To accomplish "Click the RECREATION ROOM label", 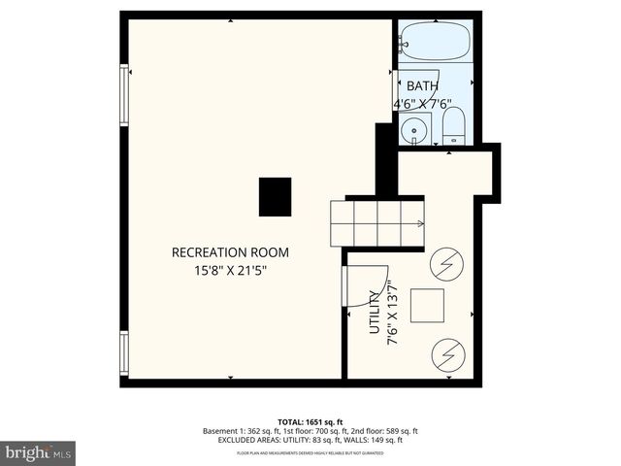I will point(230,252).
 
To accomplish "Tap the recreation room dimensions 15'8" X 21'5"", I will point(230,271).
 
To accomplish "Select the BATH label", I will point(422,85).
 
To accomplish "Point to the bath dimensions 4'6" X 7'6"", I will point(423,103).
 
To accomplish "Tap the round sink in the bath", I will point(414,127).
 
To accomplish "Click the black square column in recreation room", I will point(275,197).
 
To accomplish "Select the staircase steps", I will point(376,223).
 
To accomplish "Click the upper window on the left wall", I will point(124,94).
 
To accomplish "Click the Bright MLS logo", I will point(39,452).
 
